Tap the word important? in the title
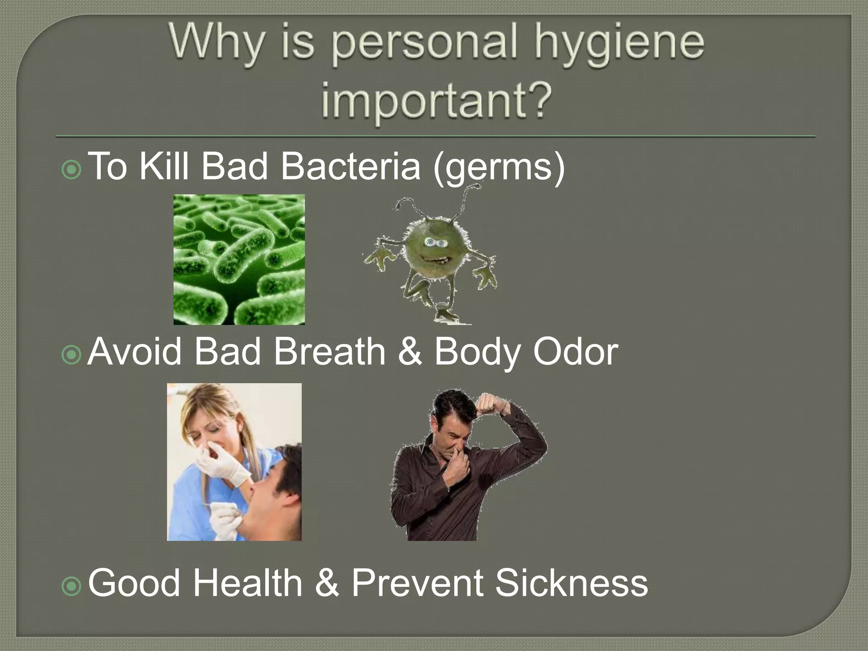(437, 100)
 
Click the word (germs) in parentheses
(498, 167)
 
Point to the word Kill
(164, 166)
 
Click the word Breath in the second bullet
(330, 351)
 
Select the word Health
(248, 583)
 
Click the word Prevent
(417, 583)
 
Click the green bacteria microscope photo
(239, 259)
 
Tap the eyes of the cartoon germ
(435, 243)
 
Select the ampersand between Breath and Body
(410, 351)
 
